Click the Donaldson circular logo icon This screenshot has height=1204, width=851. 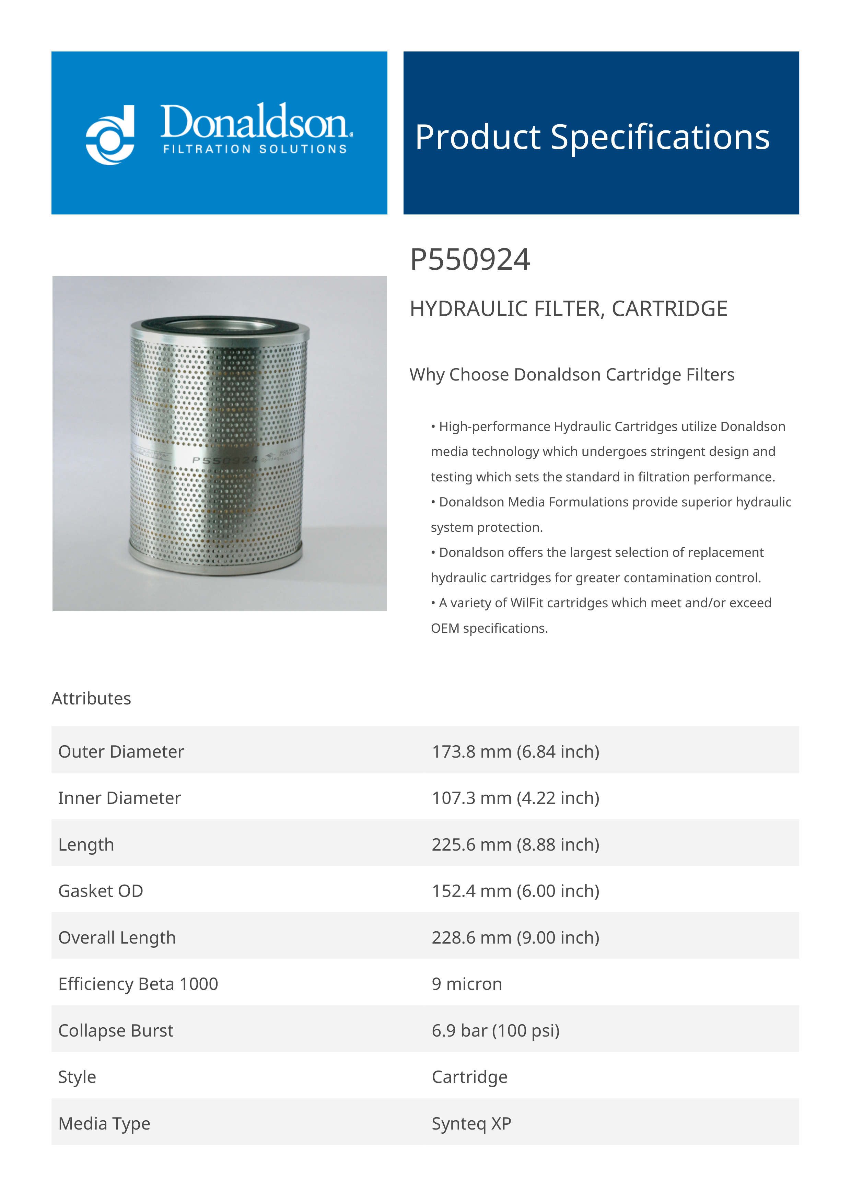[110, 135]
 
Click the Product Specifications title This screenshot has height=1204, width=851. [592, 137]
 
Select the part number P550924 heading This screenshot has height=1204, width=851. [470, 260]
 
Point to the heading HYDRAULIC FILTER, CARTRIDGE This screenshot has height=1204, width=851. [568, 309]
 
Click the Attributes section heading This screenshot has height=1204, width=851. [91, 699]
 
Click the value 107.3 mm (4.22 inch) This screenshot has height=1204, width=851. [515, 798]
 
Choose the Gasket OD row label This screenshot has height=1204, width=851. [101, 891]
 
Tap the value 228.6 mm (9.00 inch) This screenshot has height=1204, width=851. [515, 938]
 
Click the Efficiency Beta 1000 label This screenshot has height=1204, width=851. [138, 984]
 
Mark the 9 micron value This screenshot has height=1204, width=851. [467, 984]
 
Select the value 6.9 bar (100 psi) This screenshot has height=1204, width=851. [496, 1030]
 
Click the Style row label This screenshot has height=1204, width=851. [77, 1077]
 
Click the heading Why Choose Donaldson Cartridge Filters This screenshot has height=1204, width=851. [572, 375]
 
